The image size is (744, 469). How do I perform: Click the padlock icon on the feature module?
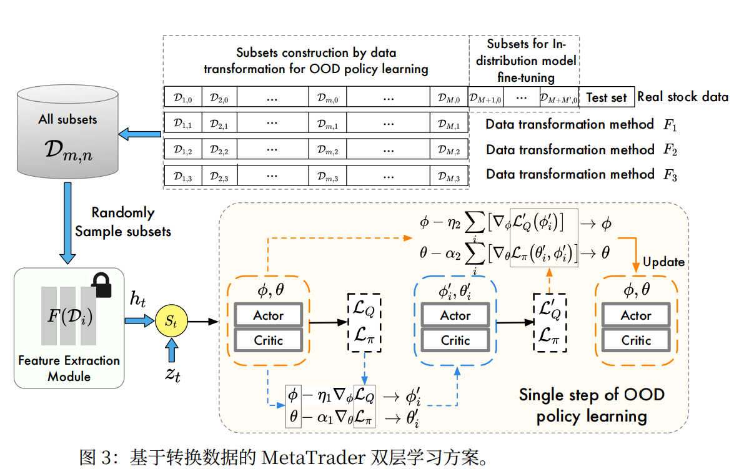click(x=102, y=285)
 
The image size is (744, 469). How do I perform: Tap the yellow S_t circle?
click(x=171, y=321)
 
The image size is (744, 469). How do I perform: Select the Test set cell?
click(x=607, y=97)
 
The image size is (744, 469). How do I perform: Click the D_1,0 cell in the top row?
click(x=183, y=97)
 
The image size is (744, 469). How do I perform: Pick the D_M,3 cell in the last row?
click(x=449, y=176)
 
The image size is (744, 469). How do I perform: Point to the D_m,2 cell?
click(x=328, y=150)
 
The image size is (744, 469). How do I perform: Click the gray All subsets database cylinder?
click(x=68, y=132)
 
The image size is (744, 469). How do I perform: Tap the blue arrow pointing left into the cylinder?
click(x=139, y=134)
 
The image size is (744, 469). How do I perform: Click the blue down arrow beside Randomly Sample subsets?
click(x=67, y=223)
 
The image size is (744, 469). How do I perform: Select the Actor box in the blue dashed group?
click(x=455, y=315)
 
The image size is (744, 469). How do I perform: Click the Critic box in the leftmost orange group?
click(x=269, y=340)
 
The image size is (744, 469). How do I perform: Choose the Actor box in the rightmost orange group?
click(x=637, y=315)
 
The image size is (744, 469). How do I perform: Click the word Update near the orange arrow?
click(x=663, y=262)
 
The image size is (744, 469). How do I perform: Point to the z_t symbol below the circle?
click(x=172, y=375)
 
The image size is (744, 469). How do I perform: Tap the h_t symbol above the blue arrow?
click(x=137, y=299)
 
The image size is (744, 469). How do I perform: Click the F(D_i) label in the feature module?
click(x=70, y=316)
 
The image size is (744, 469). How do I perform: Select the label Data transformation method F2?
click(x=582, y=150)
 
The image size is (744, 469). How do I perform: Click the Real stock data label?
click(x=683, y=97)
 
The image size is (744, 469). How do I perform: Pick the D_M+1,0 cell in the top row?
click(x=485, y=98)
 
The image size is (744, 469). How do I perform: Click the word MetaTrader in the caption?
click(x=313, y=458)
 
